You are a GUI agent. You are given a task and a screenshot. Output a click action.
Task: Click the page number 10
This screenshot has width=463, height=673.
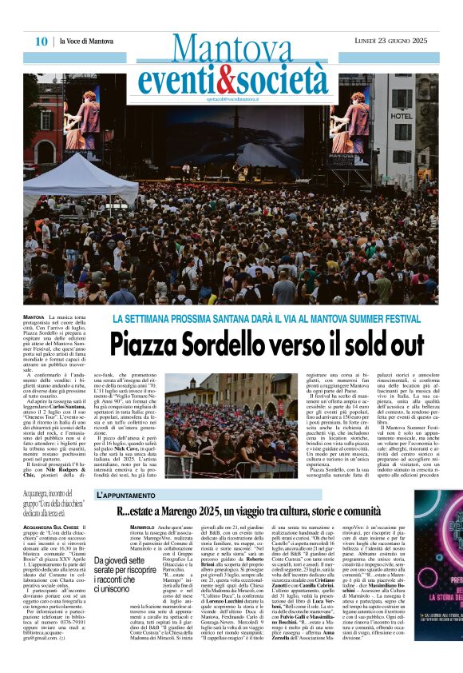(41, 42)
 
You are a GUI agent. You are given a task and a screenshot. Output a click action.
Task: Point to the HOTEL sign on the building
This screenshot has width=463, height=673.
(402, 115)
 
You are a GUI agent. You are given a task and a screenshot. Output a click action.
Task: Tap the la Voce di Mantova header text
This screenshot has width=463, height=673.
(86, 42)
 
